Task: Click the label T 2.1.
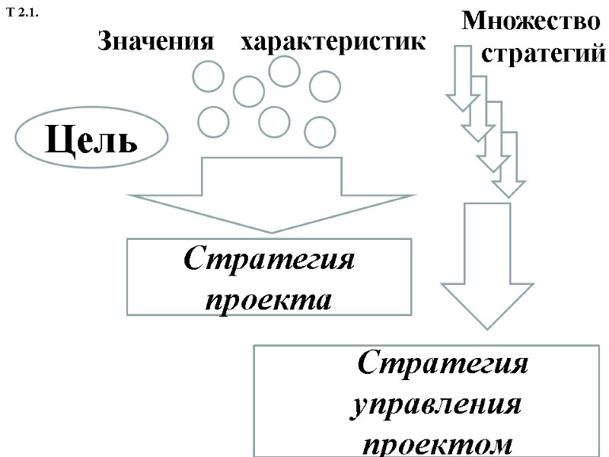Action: pyautogui.click(x=23, y=13)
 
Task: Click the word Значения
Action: pyautogui.click(x=155, y=43)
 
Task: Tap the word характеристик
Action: pyautogui.click(x=333, y=43)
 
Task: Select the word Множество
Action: pyautogui.click(x=531, y=21)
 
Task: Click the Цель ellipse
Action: pyautogui.click(x=91, y=139)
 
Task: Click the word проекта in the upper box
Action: pyautogui.click(x=269, y=298)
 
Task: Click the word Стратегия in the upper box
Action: pyautogui.click(x=269, y=260)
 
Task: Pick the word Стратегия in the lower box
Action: pyautogui.click(x=444, y=363)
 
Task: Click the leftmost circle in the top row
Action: pyautogui.click(x=208, y=76)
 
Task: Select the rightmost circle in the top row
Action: pyautogui.click(x=325, y=85)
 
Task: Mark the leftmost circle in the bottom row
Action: pyautogui.click(x=213, y=122)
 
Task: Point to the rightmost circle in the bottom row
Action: pyautogui.click(x=320, y=132)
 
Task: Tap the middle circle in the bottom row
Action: pyautogui.click(x=274, y=120)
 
